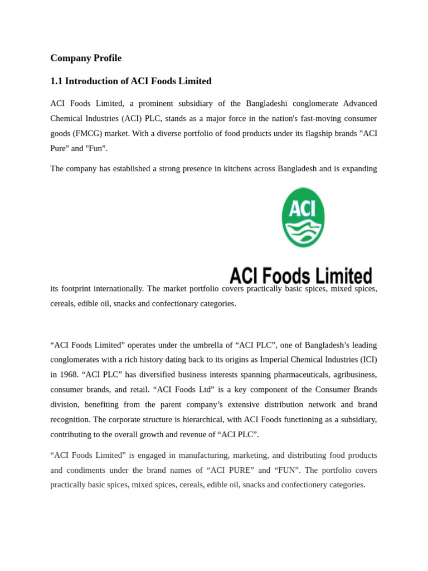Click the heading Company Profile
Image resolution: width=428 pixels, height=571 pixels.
pyautogui.click(x=86, y=58)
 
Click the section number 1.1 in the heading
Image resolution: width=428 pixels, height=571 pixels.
pyautogui.click(x=56, y=81)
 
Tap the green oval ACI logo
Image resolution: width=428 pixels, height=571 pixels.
pyautogui.click(x=303, y=217)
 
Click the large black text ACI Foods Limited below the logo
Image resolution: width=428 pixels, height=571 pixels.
pyautogui.click(x=301, y=275)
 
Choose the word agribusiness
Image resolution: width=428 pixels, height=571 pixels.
pyautogui.click(x=353, y=375)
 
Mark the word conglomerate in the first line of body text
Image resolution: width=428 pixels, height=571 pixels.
pyautogui.click(x=310, y=104)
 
